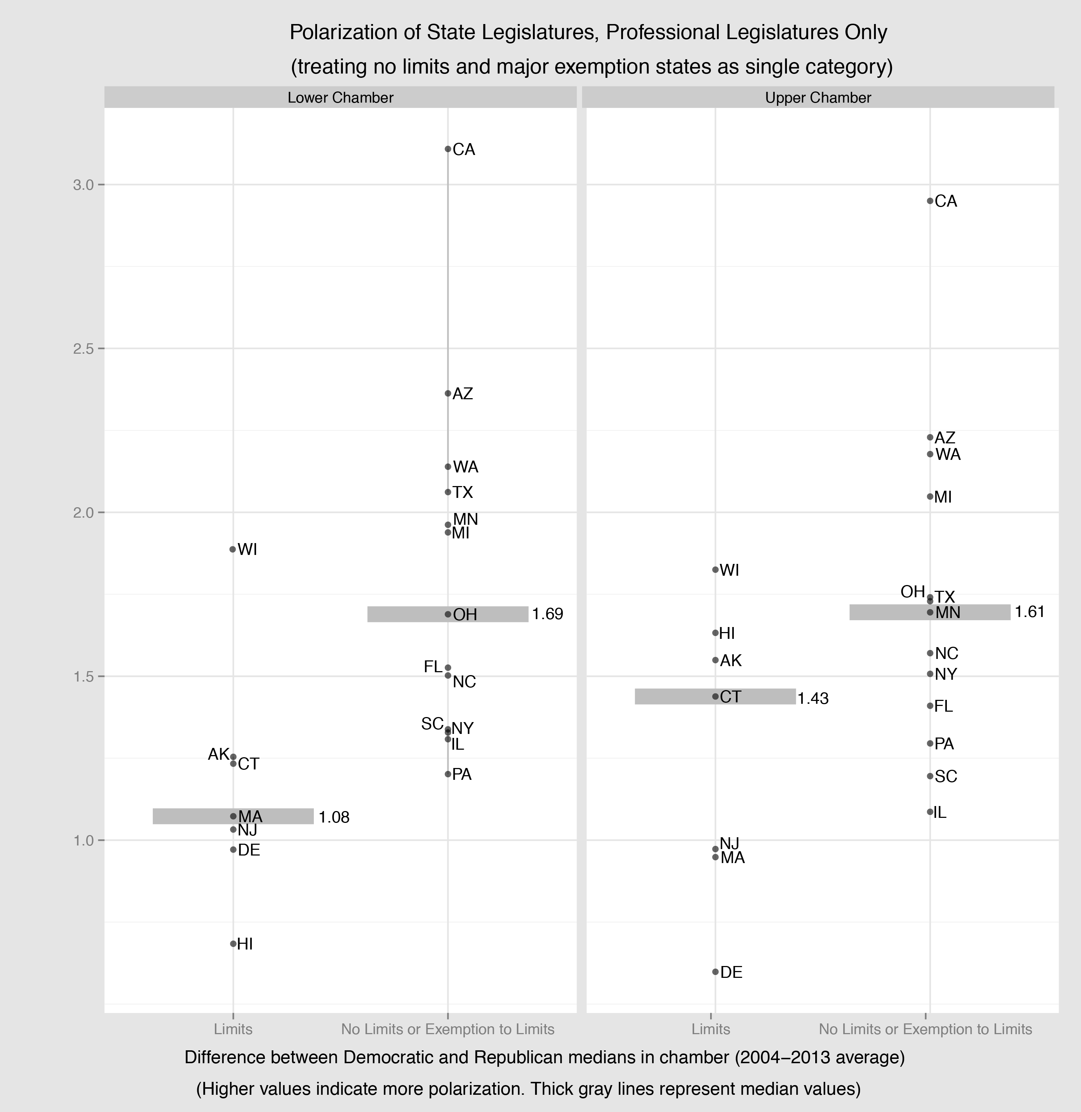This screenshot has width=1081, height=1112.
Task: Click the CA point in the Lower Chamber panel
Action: pos(448,149)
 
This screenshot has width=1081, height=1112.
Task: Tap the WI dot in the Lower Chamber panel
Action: pos(233,549)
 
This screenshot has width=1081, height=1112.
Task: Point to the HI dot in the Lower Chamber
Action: pos(233,943)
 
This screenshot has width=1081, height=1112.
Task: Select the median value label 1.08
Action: pos(334,817)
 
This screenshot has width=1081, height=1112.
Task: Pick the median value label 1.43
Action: pos(813,698)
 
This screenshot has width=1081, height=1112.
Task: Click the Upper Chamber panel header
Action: pos(817,98)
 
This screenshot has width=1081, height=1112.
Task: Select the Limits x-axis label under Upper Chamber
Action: pos(711,1029)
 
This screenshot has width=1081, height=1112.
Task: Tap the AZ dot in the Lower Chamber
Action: pos(448,393)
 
